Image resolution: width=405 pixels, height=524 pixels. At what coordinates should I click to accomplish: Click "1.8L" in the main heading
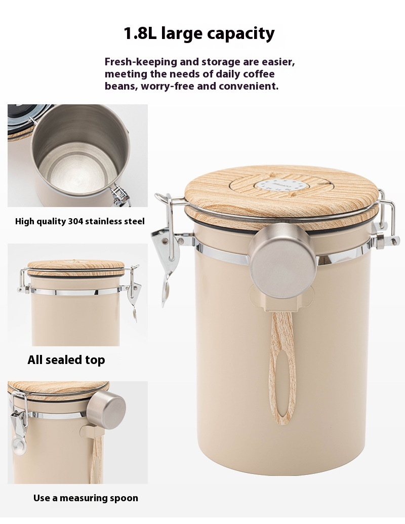coord(140,33)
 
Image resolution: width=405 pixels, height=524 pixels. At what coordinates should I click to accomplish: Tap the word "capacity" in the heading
coord(241,34)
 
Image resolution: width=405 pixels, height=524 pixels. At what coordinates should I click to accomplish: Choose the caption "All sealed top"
coord(66,360)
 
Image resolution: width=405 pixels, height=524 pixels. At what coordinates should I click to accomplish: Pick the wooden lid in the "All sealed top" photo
coord(77,268)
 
